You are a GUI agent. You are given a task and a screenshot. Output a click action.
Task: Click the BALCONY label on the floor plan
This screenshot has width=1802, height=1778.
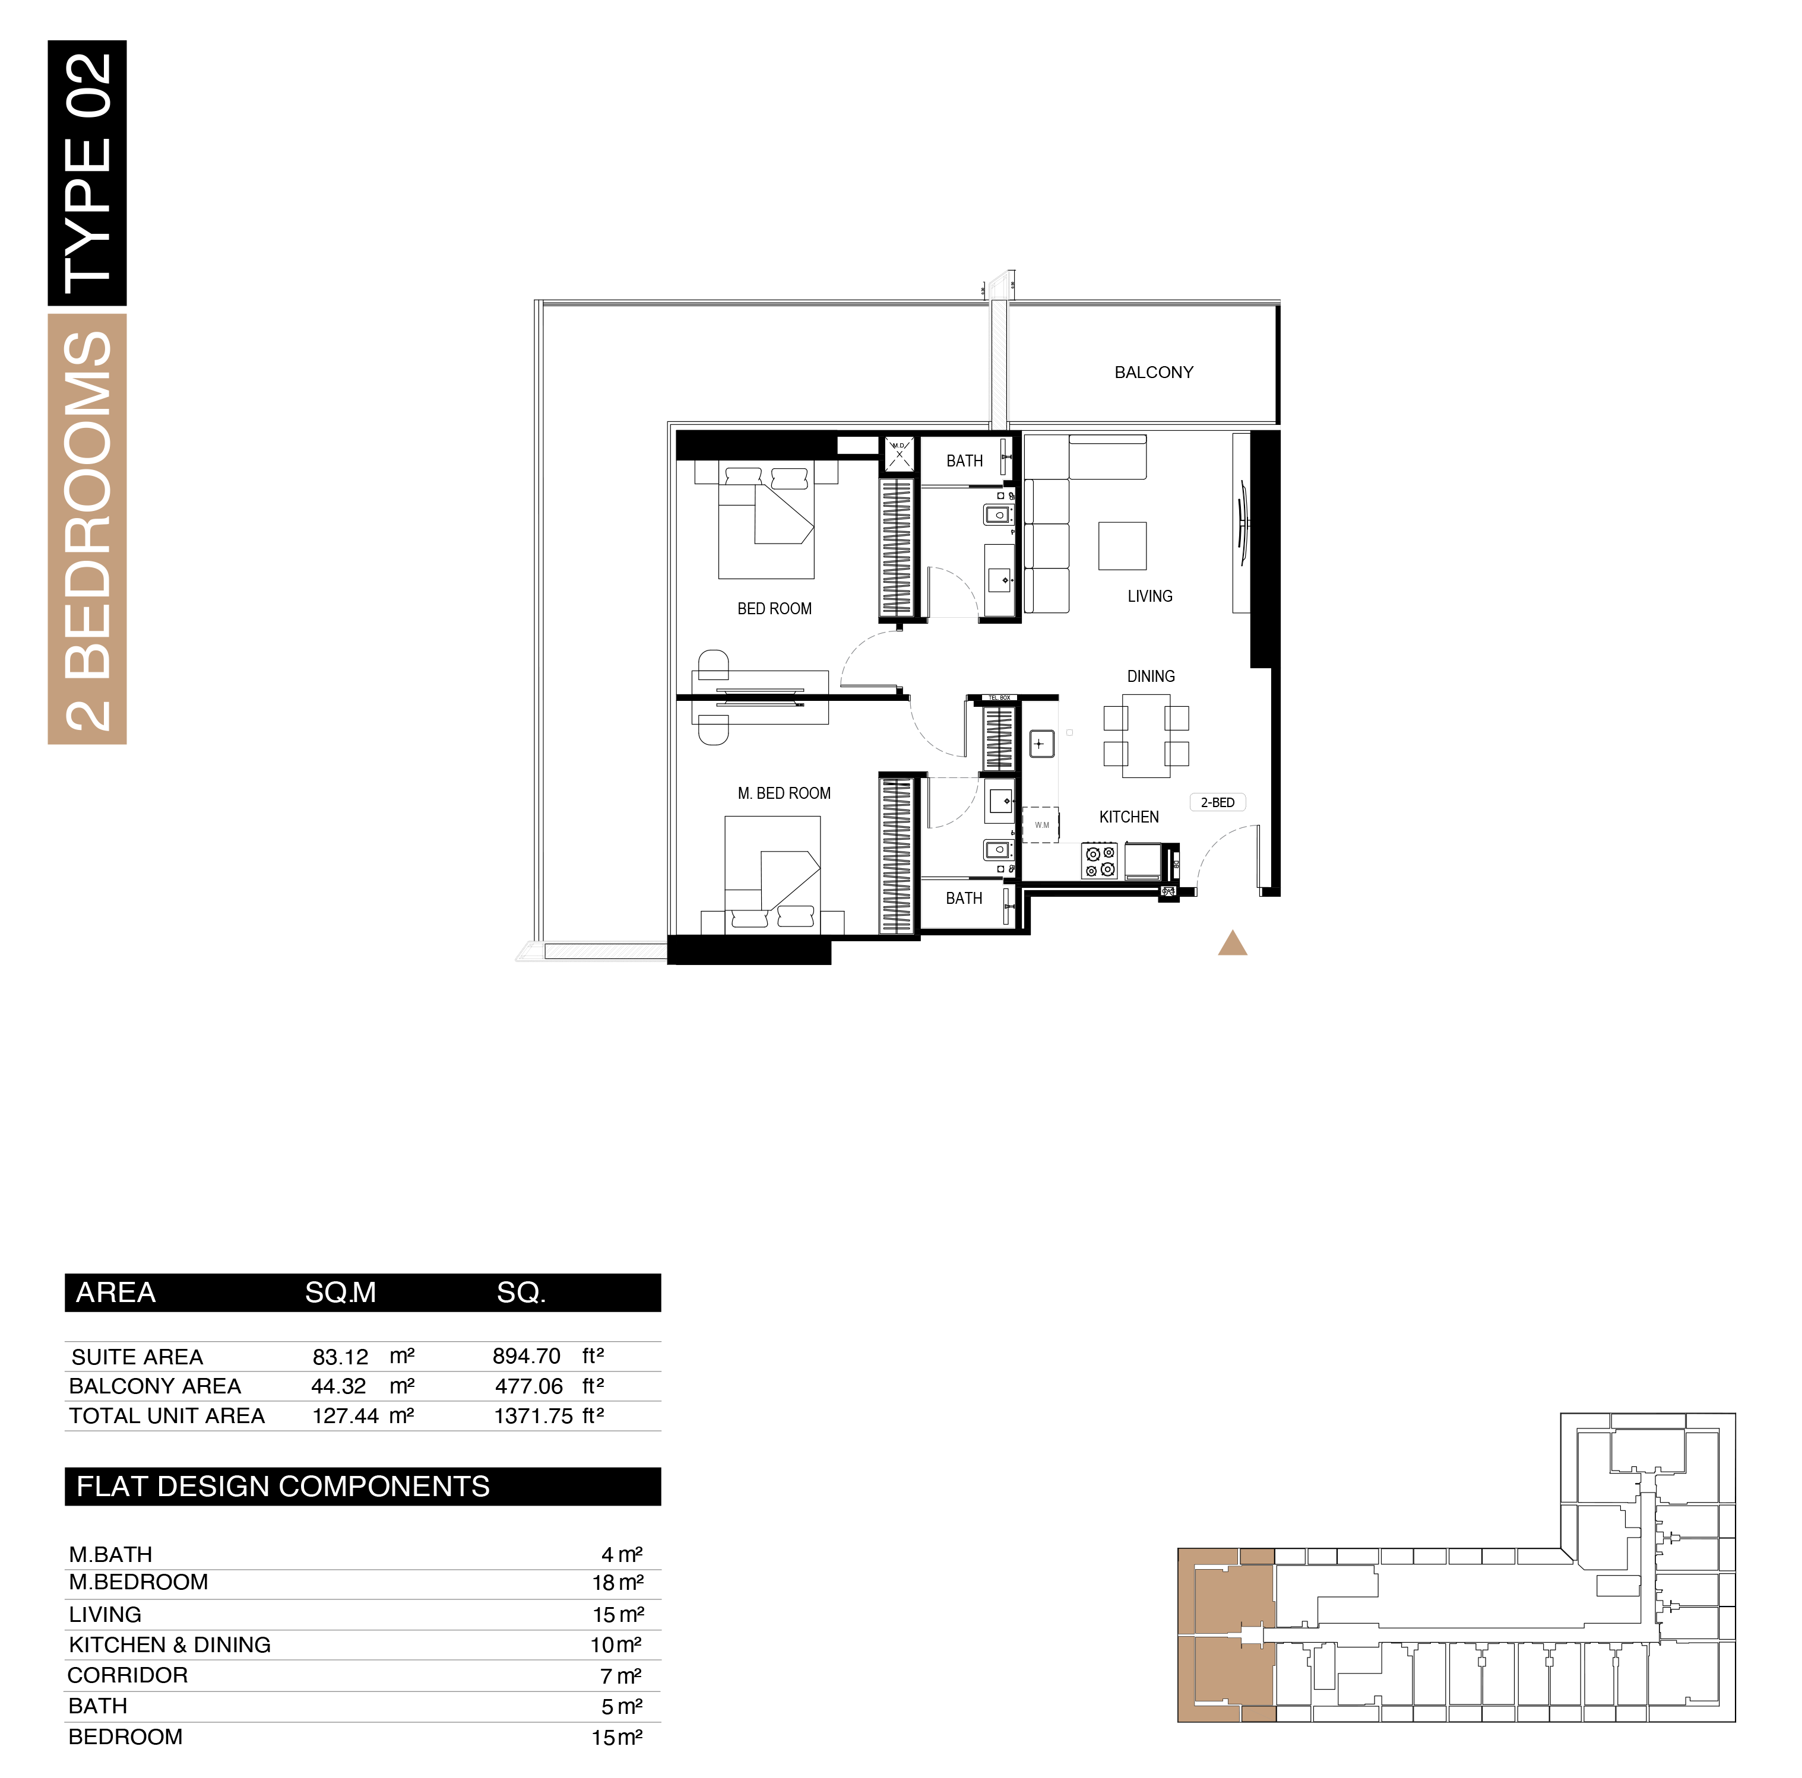coord(1153,373)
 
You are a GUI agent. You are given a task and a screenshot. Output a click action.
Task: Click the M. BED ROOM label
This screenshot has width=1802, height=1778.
coord(784,793)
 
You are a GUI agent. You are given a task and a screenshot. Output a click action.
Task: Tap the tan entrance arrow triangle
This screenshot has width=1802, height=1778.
coord(1232,944)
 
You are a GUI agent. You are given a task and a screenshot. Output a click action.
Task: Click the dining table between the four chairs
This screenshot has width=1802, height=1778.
coord(1145,736)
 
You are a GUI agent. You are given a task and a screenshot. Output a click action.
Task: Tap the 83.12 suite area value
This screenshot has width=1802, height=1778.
coord(340,1357)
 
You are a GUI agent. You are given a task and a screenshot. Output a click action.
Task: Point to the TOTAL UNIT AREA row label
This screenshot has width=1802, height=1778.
coord(167,1416)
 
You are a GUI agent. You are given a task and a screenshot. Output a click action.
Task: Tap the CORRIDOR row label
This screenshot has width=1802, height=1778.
coord(128,1675)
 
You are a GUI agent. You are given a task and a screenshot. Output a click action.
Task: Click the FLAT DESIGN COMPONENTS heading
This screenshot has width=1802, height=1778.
coord(283,1486)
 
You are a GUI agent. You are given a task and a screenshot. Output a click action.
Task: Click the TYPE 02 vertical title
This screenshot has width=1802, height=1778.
coord(88,168)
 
